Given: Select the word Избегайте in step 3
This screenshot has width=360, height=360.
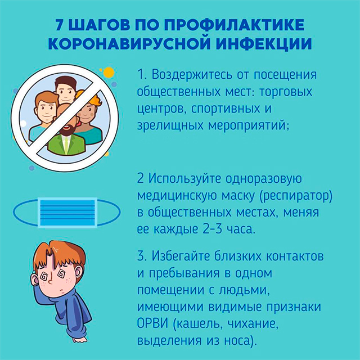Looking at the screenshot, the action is (x=181, y=256).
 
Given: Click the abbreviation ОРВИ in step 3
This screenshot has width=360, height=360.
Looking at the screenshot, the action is (x=152, y=323).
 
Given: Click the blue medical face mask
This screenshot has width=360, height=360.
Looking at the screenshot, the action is (x=67, y=213).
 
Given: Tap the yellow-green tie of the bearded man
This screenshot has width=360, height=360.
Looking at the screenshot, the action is (x=66, y=144).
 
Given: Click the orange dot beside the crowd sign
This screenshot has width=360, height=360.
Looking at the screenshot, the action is (x=109, y=73).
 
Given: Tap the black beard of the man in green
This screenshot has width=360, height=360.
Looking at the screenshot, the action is (x=67, y=130).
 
